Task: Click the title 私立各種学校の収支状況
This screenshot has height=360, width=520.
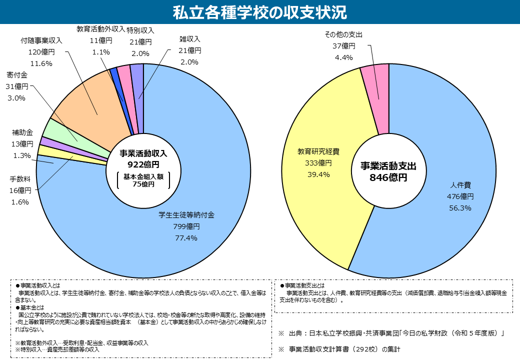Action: pyautogui.click(x=259, y=12)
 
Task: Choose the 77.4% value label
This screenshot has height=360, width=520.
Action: pyautogui.click(x=186, y=238)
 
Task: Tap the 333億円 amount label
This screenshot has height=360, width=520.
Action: pyautogui.click(x=318, y=163)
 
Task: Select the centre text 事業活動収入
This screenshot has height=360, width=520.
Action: pyautogui.click(x=143, y=153)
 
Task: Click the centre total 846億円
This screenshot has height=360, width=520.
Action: pyautogui.click(x=388, y=177)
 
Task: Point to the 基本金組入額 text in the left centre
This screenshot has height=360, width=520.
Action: pyautogui.click(x=143, y=176)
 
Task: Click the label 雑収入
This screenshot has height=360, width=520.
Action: pyautogui.click(x=189, y=39)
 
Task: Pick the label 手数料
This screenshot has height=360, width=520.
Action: pyautogui.click(x=20, y=179)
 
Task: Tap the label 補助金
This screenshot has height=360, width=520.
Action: pyautogui.click(x=22, y=133)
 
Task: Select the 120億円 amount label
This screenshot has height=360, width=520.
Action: pyautogui.click(x=41, y=51)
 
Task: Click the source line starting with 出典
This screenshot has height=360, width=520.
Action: pyautogui.click(x=395, y=333)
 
